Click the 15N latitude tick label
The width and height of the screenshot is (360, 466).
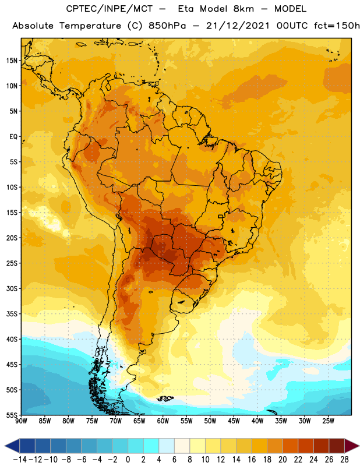(x=12, y=61)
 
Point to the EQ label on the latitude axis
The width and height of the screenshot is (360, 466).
(x=13, y=137)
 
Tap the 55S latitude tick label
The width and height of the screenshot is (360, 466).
(x=12, y=415)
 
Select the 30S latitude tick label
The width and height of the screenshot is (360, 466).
(x=12, y=288)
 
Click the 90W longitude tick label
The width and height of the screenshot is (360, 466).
(x=21, y=421)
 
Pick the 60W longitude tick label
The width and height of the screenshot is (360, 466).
(x=163, y=421)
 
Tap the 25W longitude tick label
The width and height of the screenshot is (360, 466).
(x=328, y=421)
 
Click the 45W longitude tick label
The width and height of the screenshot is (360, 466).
(x=234, y=421)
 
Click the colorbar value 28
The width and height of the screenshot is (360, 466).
(x=344, y=460)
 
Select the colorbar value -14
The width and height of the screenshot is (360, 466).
(x=20, y=460)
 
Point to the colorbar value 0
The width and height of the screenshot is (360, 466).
(x=128, y=460)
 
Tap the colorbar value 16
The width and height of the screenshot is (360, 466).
(x=252, y=460)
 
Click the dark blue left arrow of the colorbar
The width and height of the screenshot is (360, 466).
(x=12, y=446)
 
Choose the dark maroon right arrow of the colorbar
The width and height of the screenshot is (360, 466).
(x=352, y=446)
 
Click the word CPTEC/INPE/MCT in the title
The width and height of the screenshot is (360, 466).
(x=109, y=9)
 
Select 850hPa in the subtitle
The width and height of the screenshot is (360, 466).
(x=167, y=26)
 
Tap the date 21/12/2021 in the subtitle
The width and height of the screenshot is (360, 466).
(x=238, y=26)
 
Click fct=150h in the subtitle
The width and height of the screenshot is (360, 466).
(x=337, y=26)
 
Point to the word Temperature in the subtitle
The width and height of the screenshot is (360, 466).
(x=90, y=26)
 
